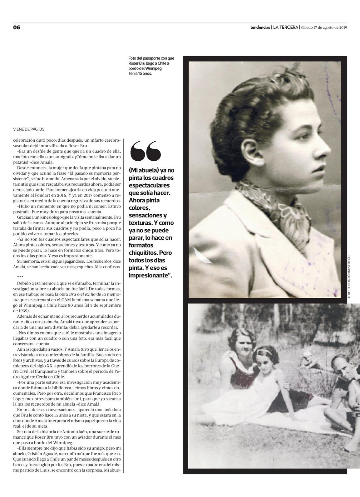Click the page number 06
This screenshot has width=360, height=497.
coord(17,27)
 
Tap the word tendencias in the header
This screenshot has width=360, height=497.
coord(260,27)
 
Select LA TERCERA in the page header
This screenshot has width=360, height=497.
coord(285,27)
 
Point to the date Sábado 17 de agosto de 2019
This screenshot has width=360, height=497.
coord(324,27)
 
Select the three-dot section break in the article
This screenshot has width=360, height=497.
coord(20,276)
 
